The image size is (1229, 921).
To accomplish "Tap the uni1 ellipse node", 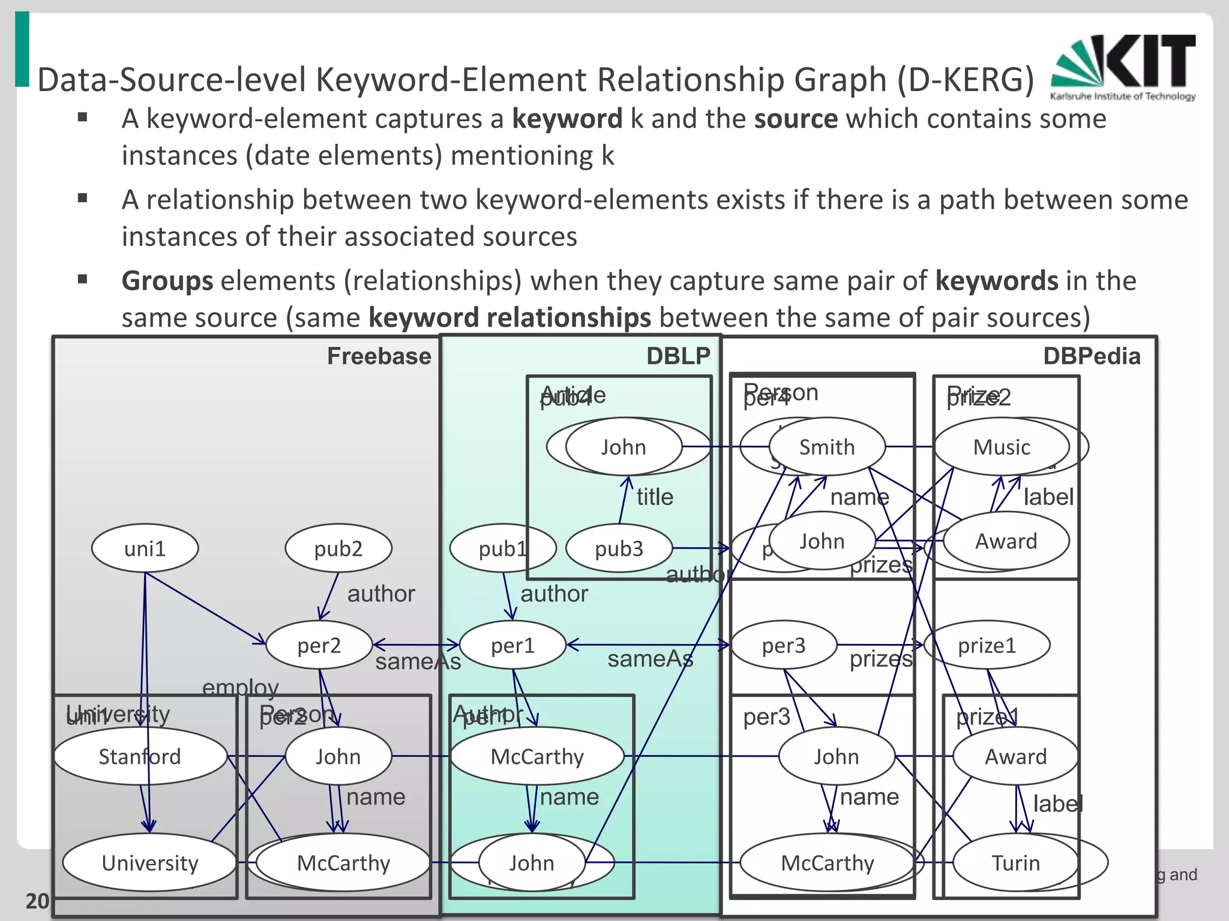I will point(145,548).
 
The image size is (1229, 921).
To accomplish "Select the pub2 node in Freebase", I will point(338,548).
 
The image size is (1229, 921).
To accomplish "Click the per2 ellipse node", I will point(319,645).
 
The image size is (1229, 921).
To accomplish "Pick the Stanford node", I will point(140,756).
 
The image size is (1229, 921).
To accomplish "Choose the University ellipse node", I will point(149,862).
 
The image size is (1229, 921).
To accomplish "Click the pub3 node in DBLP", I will point(619,548).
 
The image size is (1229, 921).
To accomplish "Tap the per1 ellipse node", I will point(512,645).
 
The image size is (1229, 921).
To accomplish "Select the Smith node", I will point(827,447).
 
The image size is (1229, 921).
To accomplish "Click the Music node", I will point(1002,447).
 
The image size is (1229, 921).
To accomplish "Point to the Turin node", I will point(1015,862).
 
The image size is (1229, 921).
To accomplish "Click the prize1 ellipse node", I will point(987,645).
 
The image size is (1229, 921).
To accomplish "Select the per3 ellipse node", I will point(783,645).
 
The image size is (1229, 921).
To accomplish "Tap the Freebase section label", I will point(379,356).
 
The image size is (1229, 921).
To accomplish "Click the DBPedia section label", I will point(1092,356).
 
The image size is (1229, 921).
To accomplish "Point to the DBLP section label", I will point(678,356).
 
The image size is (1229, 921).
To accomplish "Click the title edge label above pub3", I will point(655,496).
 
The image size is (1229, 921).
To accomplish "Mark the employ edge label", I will point(240,687).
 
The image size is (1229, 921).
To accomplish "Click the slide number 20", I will point(37,901).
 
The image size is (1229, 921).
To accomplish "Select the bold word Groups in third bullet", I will point(167,281).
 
